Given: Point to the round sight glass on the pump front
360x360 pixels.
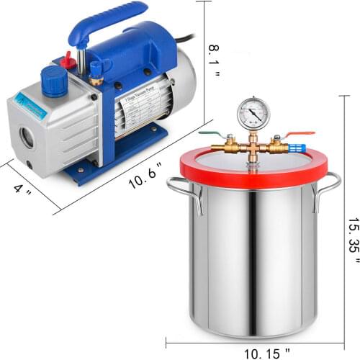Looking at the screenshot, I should [x=27, y=136].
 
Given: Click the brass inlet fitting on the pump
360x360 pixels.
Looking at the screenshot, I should [x=95, y=70].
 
